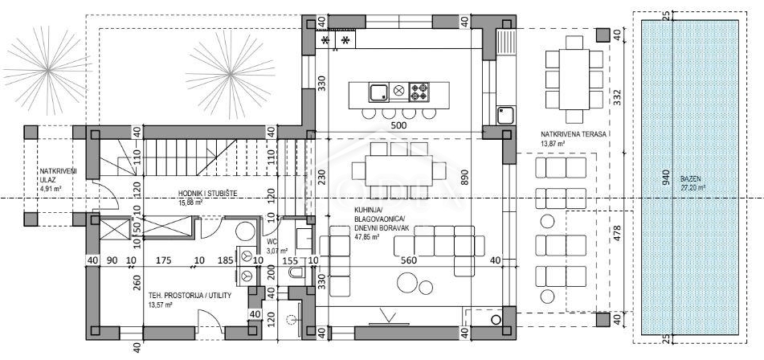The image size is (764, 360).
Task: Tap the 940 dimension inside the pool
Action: (x=664, y=178)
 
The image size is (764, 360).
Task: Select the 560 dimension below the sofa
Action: (x=411, y=260)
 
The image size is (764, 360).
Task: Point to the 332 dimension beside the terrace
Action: (x=616, y=96)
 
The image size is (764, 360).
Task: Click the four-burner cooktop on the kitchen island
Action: (x=419, y=92)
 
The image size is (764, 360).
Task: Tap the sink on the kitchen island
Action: (x=378, y=92)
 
